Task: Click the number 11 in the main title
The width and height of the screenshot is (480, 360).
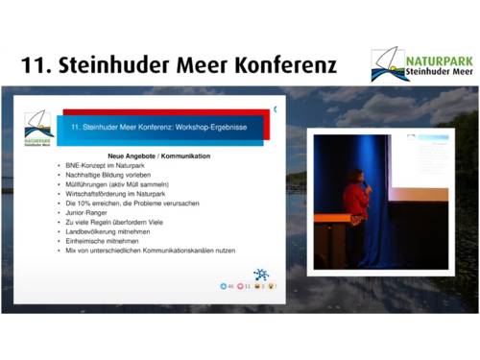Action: (36, 66)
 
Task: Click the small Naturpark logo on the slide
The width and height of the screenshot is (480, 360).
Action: (39, 128)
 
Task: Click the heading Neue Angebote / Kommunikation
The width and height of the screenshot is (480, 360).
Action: (158, 156)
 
